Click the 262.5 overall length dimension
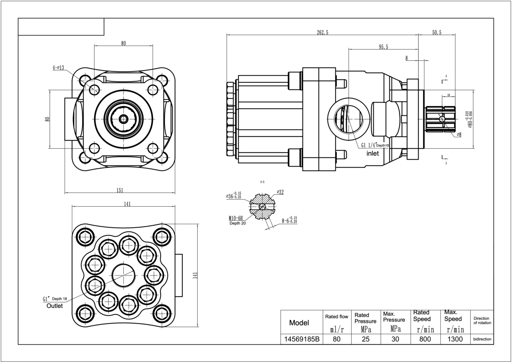(322, 32)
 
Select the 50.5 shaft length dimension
(437, 32)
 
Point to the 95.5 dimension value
(383, 47)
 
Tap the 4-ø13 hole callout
(58, 68)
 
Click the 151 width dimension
(120, 190)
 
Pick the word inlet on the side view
(373, 153)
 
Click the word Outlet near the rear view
(55, 306)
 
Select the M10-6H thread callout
(235, 218)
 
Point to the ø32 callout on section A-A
(280, 192)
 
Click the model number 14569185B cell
(302, 339)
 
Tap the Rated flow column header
(337, 316)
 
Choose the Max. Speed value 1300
(455, 339)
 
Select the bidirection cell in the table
(482, 339)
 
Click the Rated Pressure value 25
(366, 339)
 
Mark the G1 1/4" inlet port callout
(369, 145)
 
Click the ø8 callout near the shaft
(459, 135)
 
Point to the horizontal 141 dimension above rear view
(127, 204)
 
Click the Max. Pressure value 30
(395, 339)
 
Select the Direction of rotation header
(482, 320)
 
